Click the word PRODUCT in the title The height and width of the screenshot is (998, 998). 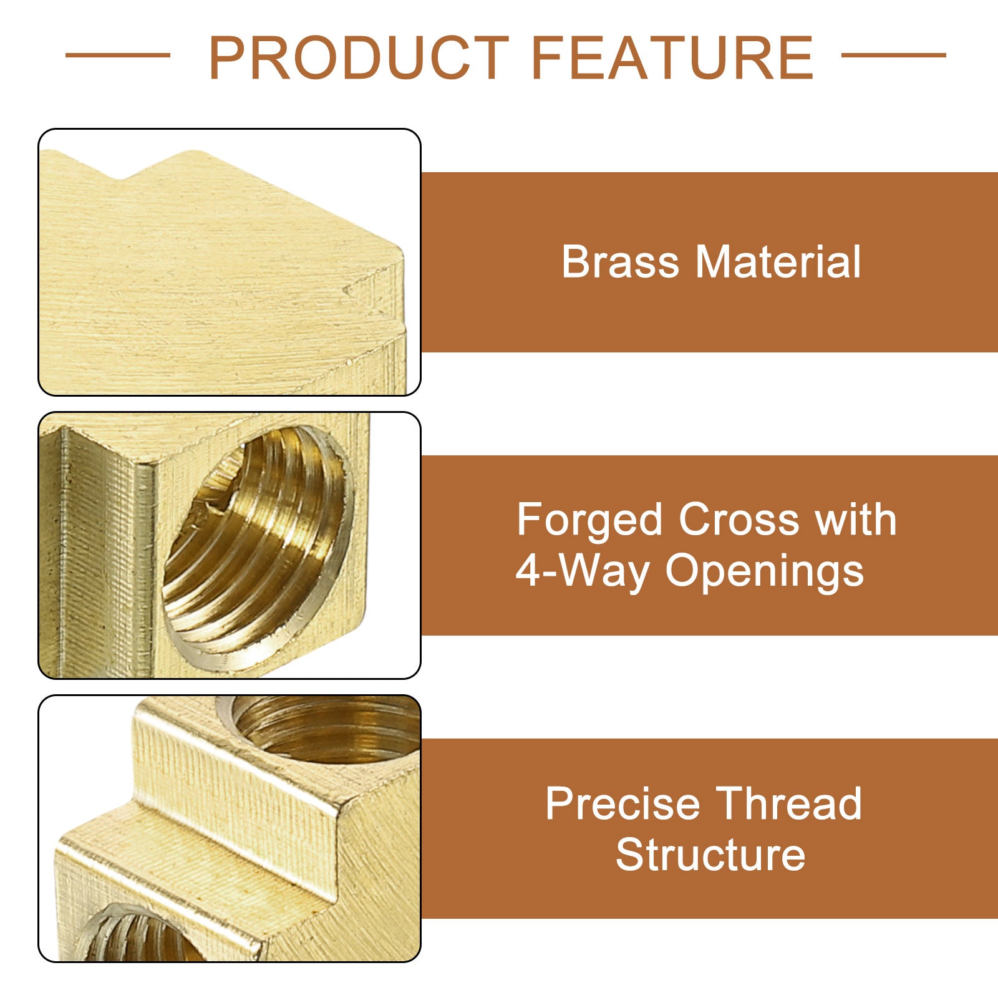(359, 57)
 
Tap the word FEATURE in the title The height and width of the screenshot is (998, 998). (672, 57)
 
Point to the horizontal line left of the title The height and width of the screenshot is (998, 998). (118, 55)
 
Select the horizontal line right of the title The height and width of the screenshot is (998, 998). (894, 55)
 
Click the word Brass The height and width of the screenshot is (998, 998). (620, 261)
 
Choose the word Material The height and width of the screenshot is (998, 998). (778, 261)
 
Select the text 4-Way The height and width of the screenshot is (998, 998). (582, 571)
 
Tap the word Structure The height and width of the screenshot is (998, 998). (710, 855)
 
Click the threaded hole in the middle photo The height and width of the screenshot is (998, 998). (257, 549)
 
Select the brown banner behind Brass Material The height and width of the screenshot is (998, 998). (710, 262)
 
